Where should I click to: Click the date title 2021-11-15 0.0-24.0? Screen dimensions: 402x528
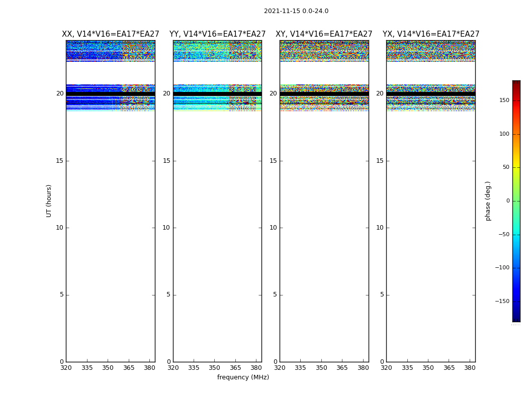click(296, 11)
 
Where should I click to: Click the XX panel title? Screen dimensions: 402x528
click(111, 34)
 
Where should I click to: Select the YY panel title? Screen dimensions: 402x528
click(217, 34)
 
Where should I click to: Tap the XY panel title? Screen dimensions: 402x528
click(324, 34)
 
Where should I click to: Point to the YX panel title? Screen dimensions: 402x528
click(431, 34)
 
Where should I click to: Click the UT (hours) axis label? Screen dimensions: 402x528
click(49, 200)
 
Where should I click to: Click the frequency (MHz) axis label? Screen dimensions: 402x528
click(243, 377)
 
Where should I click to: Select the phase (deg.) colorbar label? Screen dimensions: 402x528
click(488, 200)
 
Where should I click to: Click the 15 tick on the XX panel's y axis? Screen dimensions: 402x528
click(60, 161)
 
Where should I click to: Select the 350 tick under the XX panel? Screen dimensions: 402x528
click(108, 368)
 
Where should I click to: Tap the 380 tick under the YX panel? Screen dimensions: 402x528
click(470, 368)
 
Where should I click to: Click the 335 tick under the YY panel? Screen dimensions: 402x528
click(194, 368)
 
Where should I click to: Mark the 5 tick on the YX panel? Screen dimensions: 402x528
click(382, 294)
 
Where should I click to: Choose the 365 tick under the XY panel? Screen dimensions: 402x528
click(342, 368)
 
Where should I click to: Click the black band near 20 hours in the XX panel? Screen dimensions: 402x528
click(110, 94)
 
